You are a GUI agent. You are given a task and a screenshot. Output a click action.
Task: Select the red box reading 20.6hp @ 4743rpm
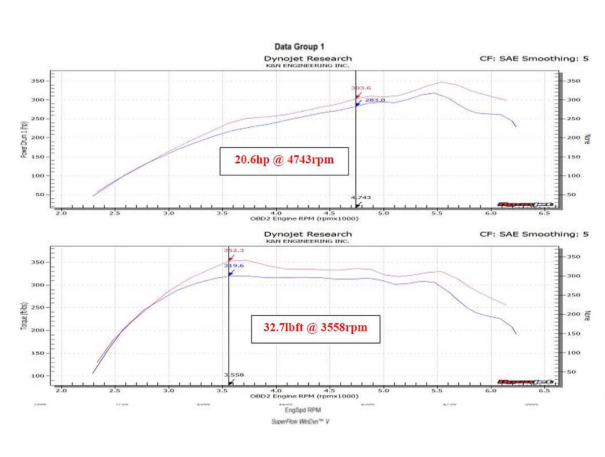coord(284,161)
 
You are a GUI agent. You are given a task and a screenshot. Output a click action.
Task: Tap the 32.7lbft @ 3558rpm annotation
coord(315,328)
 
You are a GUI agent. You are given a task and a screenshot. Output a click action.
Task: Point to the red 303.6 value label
coord(357,88)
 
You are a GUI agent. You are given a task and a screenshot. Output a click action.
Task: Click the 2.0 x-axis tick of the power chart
coord(61,213)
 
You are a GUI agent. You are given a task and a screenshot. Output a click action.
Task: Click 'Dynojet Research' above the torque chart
coord(308,234)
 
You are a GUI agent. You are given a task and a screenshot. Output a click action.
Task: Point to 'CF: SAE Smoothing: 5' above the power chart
coord(534,59)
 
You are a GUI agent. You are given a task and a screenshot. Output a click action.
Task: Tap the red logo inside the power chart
coord(526,204)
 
